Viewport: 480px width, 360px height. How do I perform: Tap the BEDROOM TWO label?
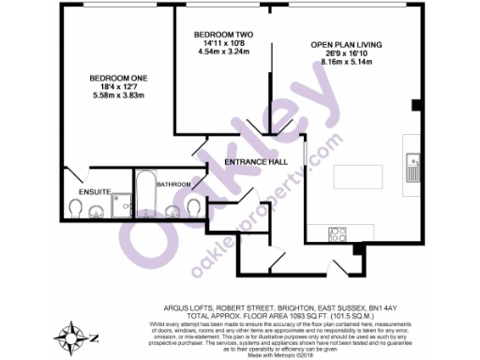220,31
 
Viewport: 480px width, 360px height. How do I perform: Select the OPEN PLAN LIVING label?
348,44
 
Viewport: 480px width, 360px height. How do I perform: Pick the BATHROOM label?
174,185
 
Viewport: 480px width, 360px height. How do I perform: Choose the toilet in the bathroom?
194,206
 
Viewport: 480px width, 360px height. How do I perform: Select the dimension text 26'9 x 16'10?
348,53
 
